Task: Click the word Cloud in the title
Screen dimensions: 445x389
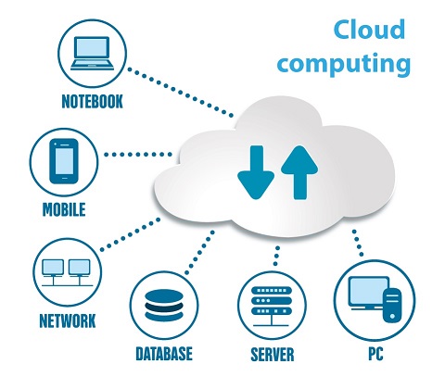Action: click(x=369, y=29)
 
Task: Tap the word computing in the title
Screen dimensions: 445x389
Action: click(x=344, y=63)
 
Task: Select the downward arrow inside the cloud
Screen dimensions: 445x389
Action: click(x=256, y=172)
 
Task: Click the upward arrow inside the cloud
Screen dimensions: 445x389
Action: click(x=299, y=172)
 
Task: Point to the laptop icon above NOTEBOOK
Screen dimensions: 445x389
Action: click(x=92, y=53)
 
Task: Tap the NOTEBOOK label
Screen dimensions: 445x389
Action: click(x=92, y=101)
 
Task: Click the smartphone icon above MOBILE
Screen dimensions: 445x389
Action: click(x=64, y=161)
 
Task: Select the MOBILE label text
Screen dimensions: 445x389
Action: click(x=64, y=209)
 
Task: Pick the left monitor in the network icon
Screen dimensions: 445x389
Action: click(x=53, y=268)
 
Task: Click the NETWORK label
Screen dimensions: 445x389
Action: click(x=68, y=320)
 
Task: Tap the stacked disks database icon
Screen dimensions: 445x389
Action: click(x=164, y=305)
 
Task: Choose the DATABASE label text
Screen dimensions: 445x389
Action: click(x=164, y=354)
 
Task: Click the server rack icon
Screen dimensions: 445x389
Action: click(x=272, y=307)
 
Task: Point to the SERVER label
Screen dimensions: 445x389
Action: click(x=273, y=354)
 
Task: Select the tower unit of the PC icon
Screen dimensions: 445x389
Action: click(x=392, y=305)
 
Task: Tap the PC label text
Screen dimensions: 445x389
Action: click(x=375, y=354)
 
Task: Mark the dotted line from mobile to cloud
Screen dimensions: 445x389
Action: click(x=138, y=155)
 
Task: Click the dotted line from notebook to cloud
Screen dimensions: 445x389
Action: click(x=181, y=93)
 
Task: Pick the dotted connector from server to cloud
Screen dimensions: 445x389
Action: click(x=276, y=256)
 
